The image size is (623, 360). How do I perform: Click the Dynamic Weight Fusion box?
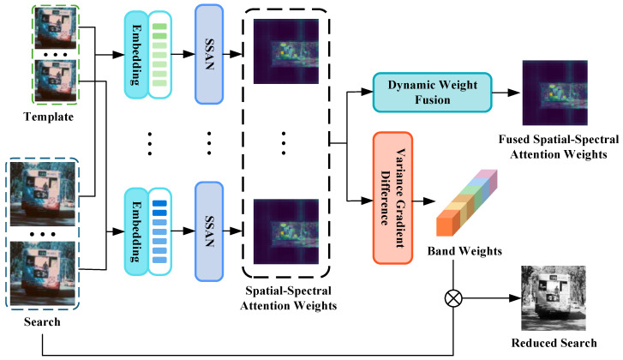point(432,93)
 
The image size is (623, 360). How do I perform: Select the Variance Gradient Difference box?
point(392,198)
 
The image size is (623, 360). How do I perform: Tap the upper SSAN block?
point(209,55)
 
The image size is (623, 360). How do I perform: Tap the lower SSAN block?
point(209,231)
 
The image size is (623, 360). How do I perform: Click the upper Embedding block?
point(136,55)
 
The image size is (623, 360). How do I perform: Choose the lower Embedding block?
point(136,231)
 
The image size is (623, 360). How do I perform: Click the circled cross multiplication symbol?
point(453,298)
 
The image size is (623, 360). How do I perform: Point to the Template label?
point(49,117)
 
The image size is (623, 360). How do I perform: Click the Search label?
point(42,321)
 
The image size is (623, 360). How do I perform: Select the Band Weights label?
point(464,251)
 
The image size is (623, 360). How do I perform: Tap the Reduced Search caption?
point(554,343)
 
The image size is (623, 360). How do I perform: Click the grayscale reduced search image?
point(554,298)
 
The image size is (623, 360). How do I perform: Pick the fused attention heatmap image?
point(555,93)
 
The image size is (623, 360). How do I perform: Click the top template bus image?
point(56,27)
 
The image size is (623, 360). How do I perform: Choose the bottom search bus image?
point(43,273)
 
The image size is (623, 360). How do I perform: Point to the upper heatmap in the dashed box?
point(286,51)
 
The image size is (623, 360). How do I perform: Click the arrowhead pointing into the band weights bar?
point(429,201)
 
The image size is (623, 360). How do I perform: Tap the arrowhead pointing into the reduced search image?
point(515,298)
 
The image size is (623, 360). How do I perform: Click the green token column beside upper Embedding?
point(159,55)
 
